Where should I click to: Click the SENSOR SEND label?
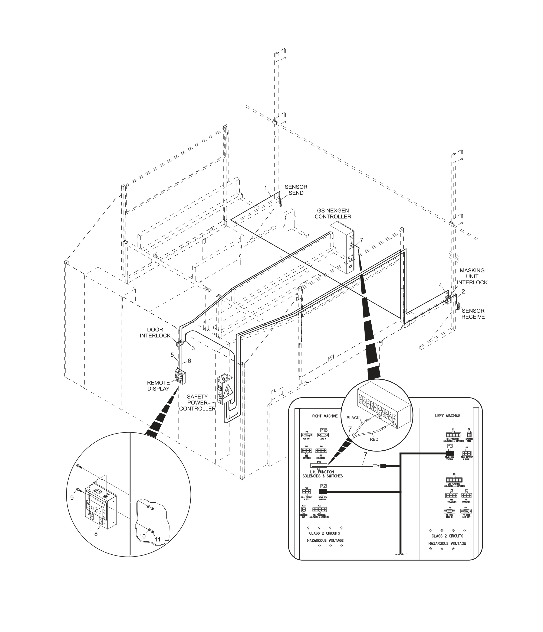[296, 190]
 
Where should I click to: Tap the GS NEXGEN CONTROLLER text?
[333, 214]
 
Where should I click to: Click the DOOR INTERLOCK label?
[155, 333]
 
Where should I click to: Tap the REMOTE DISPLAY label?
[158, 386]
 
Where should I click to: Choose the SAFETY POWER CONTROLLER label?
[197, 403]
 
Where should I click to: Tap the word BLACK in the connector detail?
[353, 418]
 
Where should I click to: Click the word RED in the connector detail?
[374, 439]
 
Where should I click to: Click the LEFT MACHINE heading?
[447, 416]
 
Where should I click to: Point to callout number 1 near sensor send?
[265, 187]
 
